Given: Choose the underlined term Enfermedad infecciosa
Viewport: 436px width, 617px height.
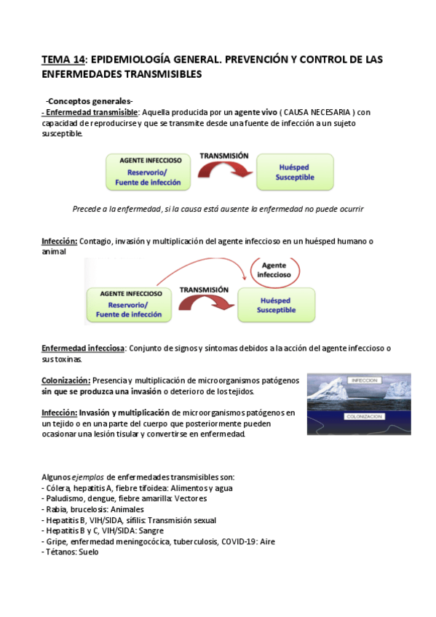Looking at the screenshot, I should (83, 349).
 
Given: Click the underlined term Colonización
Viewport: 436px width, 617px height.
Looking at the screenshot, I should (66, 381).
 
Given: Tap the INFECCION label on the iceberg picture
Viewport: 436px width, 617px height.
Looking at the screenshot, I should (363, 381).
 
